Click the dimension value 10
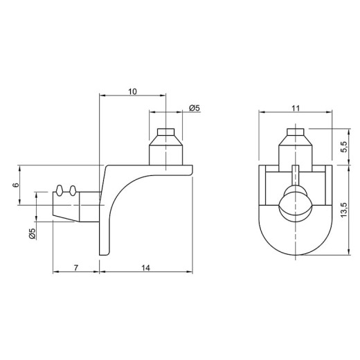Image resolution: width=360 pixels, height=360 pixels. (x=132, y=91)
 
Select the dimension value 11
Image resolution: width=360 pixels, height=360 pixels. (x=296, y=108)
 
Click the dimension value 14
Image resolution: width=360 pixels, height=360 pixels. (x=145, y=268)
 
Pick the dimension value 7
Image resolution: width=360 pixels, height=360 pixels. (x=76, y=268)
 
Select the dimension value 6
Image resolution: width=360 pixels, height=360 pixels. (x=15, y=185)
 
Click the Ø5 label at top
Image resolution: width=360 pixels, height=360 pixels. (x=195, y=108)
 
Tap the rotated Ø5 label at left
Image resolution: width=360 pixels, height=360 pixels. (x=33, y=233)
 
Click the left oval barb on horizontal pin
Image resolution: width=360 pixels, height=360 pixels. (x=60, y=190)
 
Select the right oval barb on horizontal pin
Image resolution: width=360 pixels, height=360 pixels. (x=73, y=190)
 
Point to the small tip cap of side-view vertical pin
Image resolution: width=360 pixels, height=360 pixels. (x=165, y=132)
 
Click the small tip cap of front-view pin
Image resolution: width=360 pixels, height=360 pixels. (x=295, y=132)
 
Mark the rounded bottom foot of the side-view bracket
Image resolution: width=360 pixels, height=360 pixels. (x=104, y=253)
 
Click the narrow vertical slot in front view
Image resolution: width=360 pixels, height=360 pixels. (x=295, y=175)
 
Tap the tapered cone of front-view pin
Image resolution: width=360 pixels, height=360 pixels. (x=295, y=140)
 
